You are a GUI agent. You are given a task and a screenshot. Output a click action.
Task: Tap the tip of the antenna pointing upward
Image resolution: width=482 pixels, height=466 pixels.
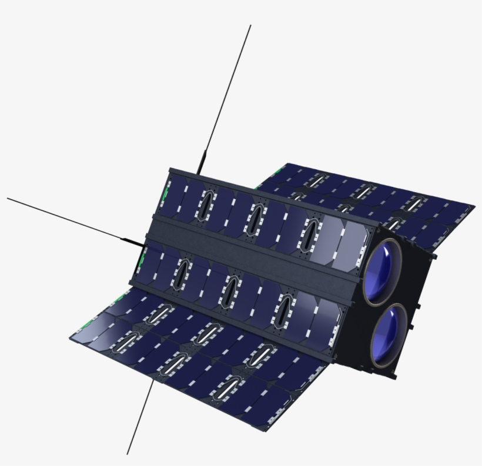(250, 25)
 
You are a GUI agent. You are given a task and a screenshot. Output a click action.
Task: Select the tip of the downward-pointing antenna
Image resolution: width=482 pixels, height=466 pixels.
(127, 454)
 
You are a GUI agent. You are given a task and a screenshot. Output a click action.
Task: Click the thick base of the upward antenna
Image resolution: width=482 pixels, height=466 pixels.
(201, 162)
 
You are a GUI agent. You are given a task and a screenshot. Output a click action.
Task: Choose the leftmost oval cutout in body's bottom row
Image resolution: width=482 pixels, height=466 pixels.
(181, 272)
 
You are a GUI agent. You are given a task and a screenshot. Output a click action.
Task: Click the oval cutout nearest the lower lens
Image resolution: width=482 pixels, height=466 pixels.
(284, 306)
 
